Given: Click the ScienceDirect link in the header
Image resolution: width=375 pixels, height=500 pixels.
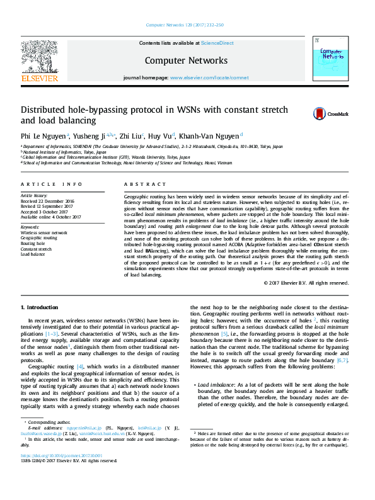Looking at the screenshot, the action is pos(217,43).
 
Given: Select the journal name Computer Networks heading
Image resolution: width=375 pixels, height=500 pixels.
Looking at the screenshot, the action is pos(186,60).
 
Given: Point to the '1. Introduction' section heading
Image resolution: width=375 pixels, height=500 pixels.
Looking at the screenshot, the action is pos(40,307).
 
